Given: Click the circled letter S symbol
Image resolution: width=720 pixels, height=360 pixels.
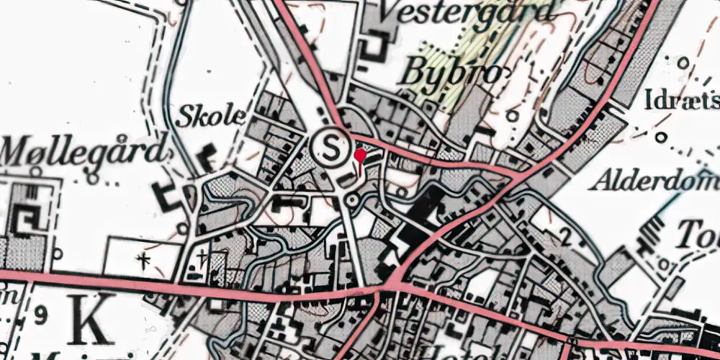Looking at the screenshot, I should pos(331,148).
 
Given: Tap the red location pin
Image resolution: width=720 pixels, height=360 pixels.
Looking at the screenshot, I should pos(360,158).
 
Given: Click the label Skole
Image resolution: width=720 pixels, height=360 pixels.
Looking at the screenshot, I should pos(211,115).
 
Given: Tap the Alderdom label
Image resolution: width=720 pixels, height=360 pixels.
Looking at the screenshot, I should pos(654,181).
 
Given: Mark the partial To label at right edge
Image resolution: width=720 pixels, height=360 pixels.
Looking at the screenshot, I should pos(704,233).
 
